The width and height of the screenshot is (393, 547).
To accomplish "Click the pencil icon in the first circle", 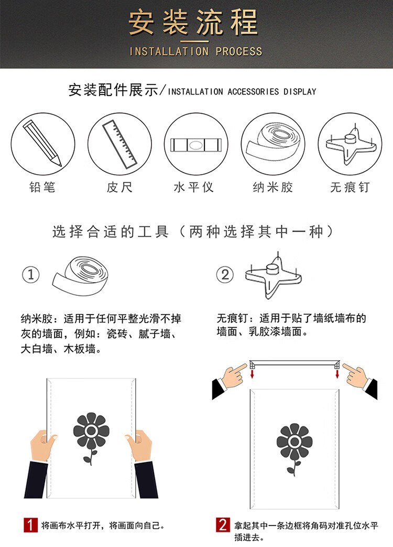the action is (x=42, y=143).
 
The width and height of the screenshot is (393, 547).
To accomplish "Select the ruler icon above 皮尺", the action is (x=119, y=143).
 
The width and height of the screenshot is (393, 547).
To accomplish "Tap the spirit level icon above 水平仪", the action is (x=196, y=145).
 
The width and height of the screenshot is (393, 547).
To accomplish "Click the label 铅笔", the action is (x=42, y=187).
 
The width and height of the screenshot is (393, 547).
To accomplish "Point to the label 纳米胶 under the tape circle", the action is (x=273, y=187).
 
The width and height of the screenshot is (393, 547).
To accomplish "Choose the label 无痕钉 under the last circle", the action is (x=350, y=187).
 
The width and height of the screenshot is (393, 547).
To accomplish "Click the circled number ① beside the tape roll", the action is (x=31, y=274).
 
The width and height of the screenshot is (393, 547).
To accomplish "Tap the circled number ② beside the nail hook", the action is (x=225, y=274).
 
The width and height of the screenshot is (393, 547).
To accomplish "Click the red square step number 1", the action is (x=31, y=525).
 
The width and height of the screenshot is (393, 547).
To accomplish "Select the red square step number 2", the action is (x=223, y=525).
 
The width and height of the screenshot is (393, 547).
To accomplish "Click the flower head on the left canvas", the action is (x=91, y=431).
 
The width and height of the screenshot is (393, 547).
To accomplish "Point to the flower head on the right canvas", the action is (x=294, y=442).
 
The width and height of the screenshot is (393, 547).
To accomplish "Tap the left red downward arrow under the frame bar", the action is (x=252, y=374).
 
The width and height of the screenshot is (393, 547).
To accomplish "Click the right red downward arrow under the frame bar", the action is (x=337, y=374).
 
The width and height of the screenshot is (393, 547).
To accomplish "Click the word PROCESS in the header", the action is (x=238, y=51).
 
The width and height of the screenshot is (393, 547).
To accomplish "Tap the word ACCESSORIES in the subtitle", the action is (x=253, y=92).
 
